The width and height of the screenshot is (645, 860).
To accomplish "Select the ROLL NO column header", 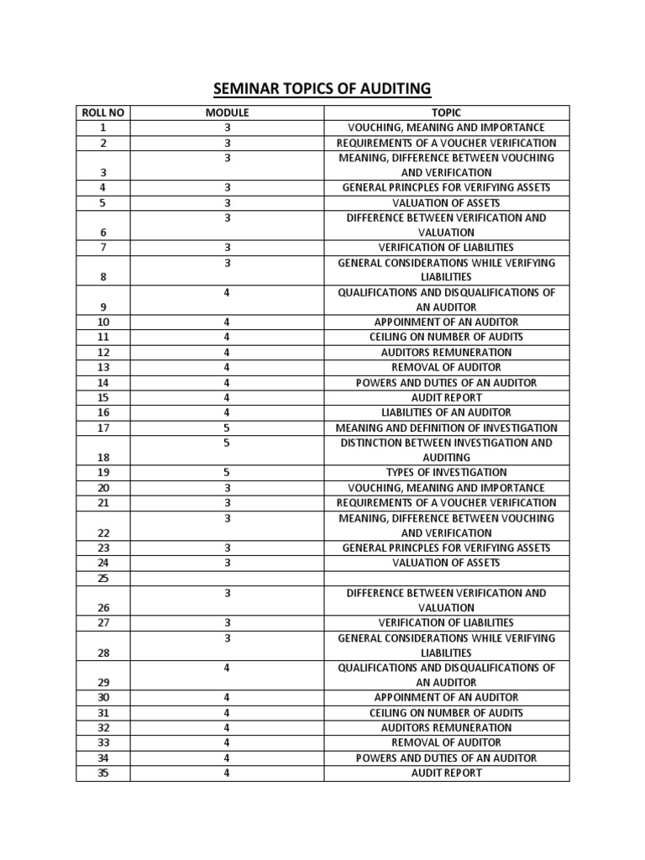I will coord(102,113).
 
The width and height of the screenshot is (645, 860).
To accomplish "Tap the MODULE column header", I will coord(227,113).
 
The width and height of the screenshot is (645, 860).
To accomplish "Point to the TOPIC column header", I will coord(446,113).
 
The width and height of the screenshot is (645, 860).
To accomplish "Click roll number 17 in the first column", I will coord(102,427).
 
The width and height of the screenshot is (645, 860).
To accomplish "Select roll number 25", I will coord(102,579).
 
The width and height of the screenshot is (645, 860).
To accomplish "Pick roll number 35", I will coord(102,773).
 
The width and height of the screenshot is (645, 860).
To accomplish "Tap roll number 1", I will coord(102,128).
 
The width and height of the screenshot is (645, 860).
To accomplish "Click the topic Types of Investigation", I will coord(446,473).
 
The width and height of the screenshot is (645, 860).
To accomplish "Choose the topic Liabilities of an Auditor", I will coord(446,412).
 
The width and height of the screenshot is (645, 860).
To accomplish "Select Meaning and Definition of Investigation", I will coord(446,427).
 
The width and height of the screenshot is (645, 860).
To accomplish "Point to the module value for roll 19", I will coord(227,473).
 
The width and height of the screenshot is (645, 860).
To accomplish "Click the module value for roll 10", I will coord(227,322).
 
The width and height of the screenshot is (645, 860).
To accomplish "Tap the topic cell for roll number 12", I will coord(446,353).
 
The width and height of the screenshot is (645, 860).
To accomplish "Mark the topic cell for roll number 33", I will coord(446,742).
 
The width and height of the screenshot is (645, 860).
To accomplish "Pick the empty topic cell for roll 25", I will coord(446,579).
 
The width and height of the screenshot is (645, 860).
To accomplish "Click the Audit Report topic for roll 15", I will coord(446,398).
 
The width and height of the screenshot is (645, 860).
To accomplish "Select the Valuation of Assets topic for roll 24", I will coord(446,563).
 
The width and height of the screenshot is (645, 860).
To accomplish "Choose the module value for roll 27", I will coord(227,622).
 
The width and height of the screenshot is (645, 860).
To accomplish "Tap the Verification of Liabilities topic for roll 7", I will coord(446,248).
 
